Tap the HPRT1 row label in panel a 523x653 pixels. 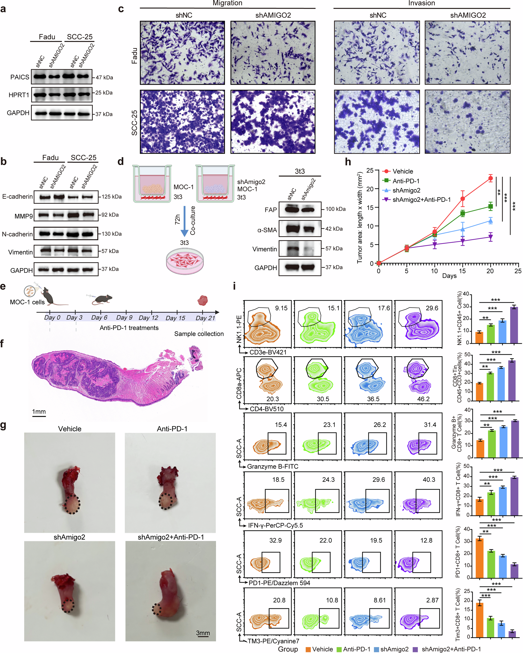tap(19, 95)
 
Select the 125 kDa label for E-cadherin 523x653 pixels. tap(111, 197)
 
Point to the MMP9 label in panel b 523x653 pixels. tap(24, 216)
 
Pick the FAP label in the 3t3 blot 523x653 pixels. tap(271, 210)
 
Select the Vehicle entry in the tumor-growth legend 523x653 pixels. tap(402, 171)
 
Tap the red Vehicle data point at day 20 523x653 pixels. tap(490, 178)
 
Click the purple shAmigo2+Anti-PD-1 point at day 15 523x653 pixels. tap(462, 241)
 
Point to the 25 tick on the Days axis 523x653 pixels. tap(518, 271)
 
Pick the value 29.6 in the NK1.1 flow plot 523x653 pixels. tap(432, 308)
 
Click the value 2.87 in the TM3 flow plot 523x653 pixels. tap(432, 600)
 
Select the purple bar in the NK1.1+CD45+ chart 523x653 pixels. tap(514, 325)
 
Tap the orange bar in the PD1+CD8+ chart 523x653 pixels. tap(479, 558)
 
